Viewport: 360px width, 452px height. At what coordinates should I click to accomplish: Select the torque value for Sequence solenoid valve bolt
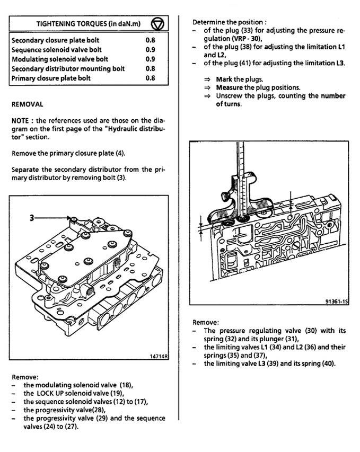tap(150, 50)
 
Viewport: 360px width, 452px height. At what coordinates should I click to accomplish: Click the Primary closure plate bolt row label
tap(51, 78)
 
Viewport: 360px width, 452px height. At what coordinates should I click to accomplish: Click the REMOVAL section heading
tap(27, 105)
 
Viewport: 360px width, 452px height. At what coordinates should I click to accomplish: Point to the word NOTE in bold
tap(22, 121)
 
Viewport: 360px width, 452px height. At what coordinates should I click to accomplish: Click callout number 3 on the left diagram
tap(31, 217)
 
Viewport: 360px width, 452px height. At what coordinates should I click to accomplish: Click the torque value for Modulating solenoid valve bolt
tap(150, 59)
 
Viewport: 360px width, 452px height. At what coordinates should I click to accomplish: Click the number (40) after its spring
tap(327, 364)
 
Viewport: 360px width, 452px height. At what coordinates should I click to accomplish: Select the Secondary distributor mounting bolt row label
tap(68, 69)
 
